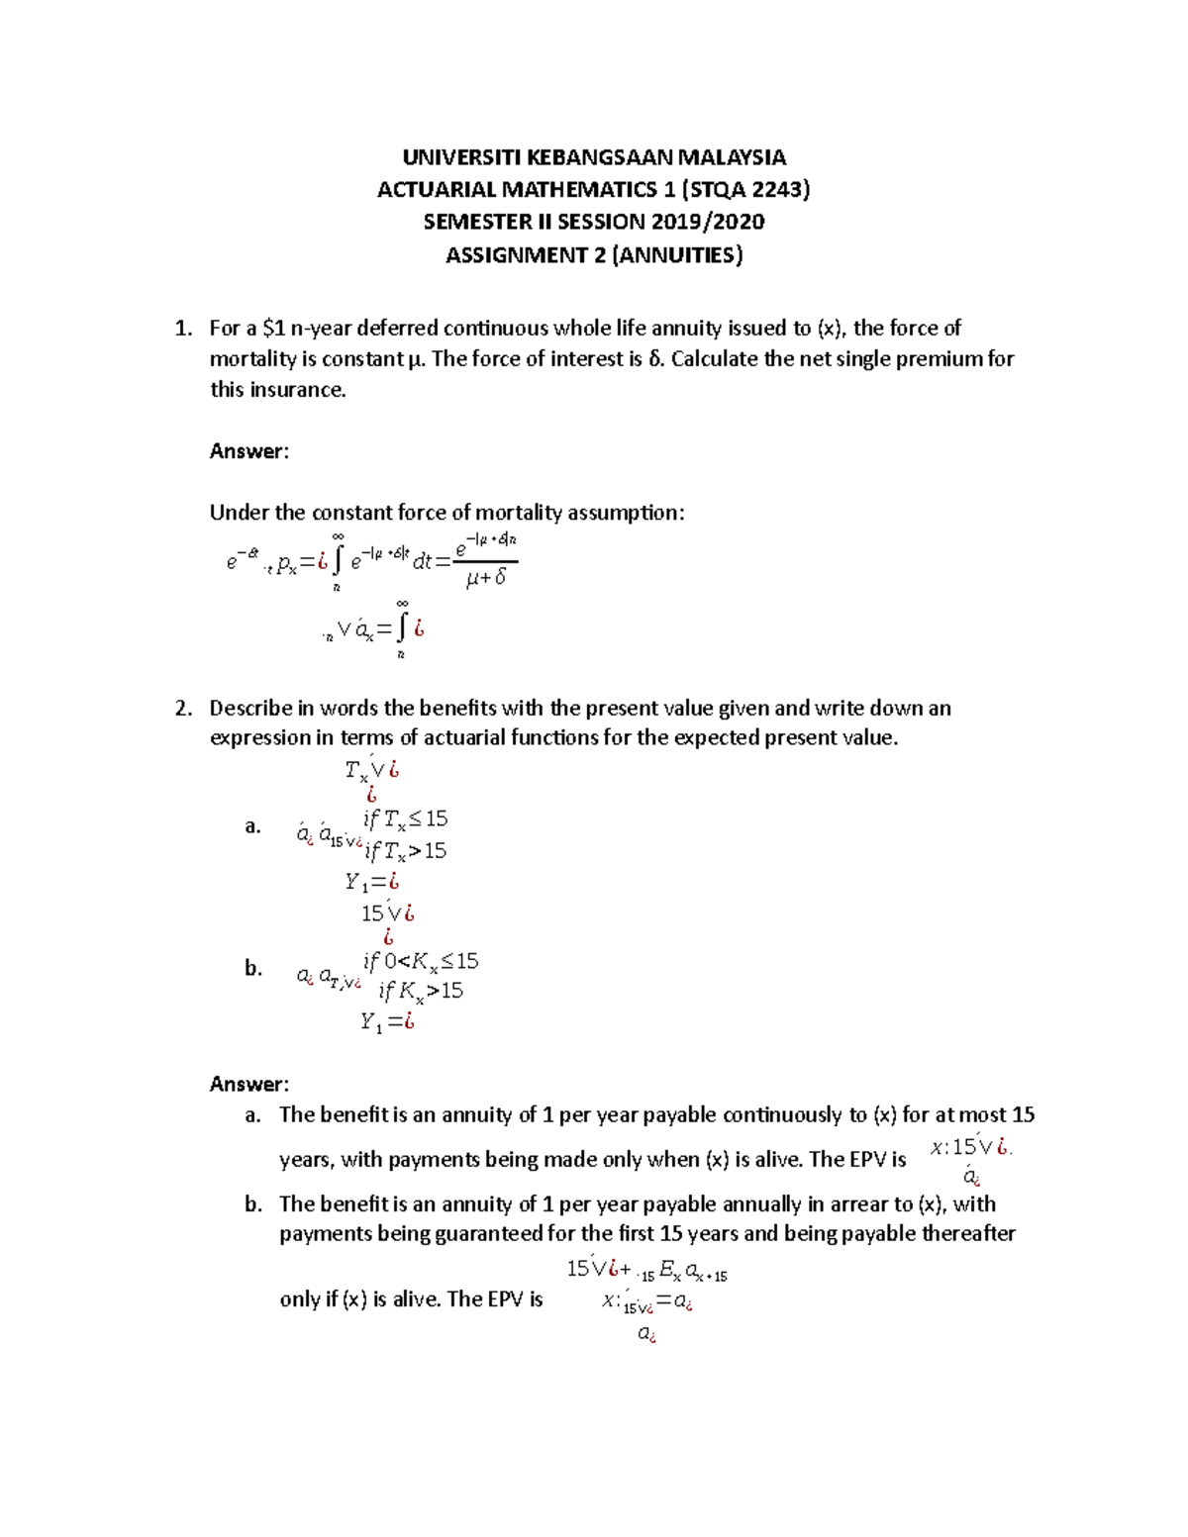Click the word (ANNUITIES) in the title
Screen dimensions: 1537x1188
click(x=677, y=255)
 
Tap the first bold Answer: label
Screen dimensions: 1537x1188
click(x=248, y=451)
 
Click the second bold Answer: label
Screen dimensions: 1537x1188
click(x=248, y=1084)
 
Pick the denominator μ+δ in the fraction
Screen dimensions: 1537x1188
click(x=485, y=577)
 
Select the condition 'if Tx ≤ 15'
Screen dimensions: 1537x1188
click(x=405, y=819)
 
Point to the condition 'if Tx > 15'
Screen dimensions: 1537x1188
click(x=405, y=851)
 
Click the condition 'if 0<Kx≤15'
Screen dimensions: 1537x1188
click(x=421, y=961)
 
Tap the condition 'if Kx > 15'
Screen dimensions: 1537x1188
click(x=421, y=991)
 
